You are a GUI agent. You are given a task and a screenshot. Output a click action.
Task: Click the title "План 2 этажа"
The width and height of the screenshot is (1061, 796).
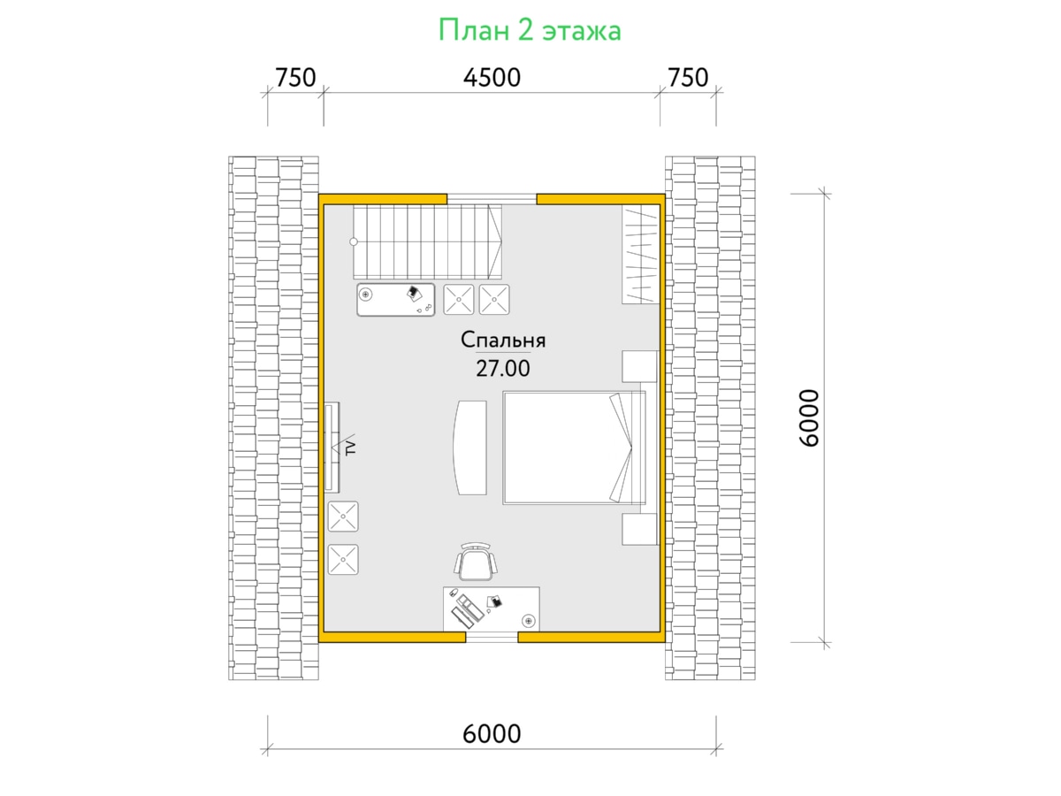[530, 30]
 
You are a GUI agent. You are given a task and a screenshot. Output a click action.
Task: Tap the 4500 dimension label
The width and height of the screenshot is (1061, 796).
[492, 77]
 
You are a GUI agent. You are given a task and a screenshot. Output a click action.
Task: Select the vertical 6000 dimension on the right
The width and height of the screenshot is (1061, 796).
[809, 418]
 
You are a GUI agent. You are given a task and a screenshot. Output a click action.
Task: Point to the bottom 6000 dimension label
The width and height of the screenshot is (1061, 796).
[492, 734]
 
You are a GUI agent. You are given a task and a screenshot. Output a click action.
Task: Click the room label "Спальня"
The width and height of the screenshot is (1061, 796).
[503, 341]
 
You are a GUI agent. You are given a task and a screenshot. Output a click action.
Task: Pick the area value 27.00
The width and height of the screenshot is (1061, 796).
[503, 369]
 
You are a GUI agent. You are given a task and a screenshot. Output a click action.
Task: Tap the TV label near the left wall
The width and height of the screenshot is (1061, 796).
[351, 448]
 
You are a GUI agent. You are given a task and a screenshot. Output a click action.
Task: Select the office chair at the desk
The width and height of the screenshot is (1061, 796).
[476, 562]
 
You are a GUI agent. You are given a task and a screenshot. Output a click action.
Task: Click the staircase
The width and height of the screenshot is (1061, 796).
[427, 241]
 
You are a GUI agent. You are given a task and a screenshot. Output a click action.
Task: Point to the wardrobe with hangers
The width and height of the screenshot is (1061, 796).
[640, 254]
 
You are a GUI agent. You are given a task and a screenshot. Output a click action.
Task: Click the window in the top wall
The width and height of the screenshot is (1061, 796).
[492, 199]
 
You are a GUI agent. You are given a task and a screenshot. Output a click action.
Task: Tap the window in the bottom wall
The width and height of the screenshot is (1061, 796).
[492, 637]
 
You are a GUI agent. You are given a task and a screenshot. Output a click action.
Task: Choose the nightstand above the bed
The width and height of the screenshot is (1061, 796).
[639, 366]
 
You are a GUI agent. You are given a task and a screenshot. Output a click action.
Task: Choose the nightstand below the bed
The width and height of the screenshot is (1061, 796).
[639, 529]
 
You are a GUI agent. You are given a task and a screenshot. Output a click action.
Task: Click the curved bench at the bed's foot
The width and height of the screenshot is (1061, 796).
[469, 448]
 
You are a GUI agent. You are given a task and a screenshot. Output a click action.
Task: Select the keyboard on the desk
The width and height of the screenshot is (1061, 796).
[462, 617]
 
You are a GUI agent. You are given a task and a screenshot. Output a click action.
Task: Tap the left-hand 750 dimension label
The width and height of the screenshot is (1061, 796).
[295, 77]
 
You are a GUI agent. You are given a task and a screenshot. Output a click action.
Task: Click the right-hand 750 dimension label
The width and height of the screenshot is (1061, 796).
[688, 77]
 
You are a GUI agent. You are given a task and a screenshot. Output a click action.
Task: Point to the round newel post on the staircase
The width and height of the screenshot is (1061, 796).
[354, 241]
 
